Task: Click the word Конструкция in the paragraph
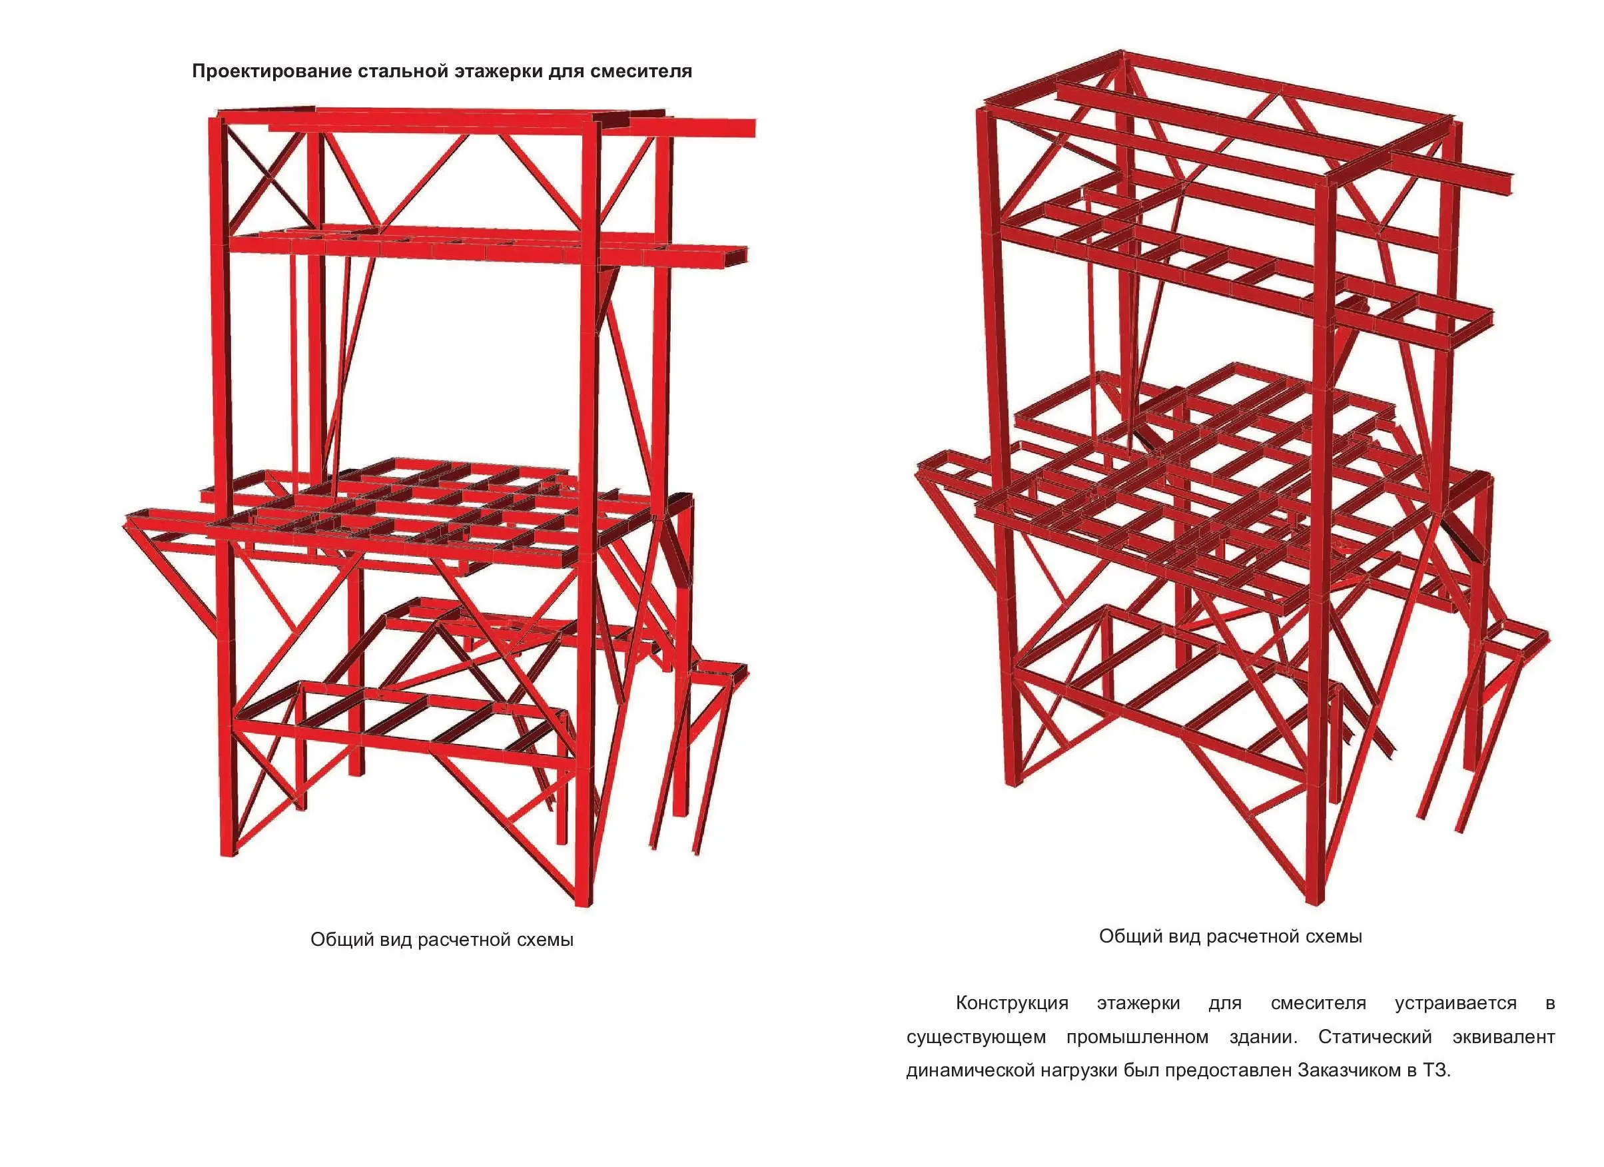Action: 1011,1003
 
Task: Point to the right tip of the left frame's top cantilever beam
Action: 754,128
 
